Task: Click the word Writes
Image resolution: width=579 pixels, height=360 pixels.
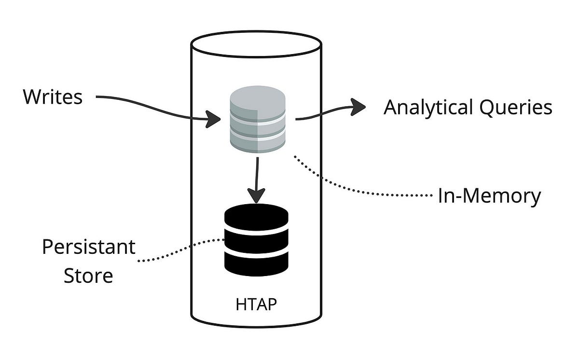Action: tap(53, 97)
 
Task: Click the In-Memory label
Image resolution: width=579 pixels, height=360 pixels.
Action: tap(489, 196)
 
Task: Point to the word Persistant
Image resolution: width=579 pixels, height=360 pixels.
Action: tap(88, 247)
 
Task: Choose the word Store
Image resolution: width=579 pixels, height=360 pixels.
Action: tap(88, 276)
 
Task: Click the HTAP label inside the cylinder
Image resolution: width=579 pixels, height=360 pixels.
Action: tap(256, 305)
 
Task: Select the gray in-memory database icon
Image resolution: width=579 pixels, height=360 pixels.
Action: tap(257, 122)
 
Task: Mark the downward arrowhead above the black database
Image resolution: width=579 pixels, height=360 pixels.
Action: tap(256, 195)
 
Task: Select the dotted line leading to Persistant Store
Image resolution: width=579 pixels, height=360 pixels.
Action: tap(179, 251)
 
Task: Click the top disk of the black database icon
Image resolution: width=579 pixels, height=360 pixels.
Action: tap(256, 217)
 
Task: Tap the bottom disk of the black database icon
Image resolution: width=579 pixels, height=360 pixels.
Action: tap(256, 265)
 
